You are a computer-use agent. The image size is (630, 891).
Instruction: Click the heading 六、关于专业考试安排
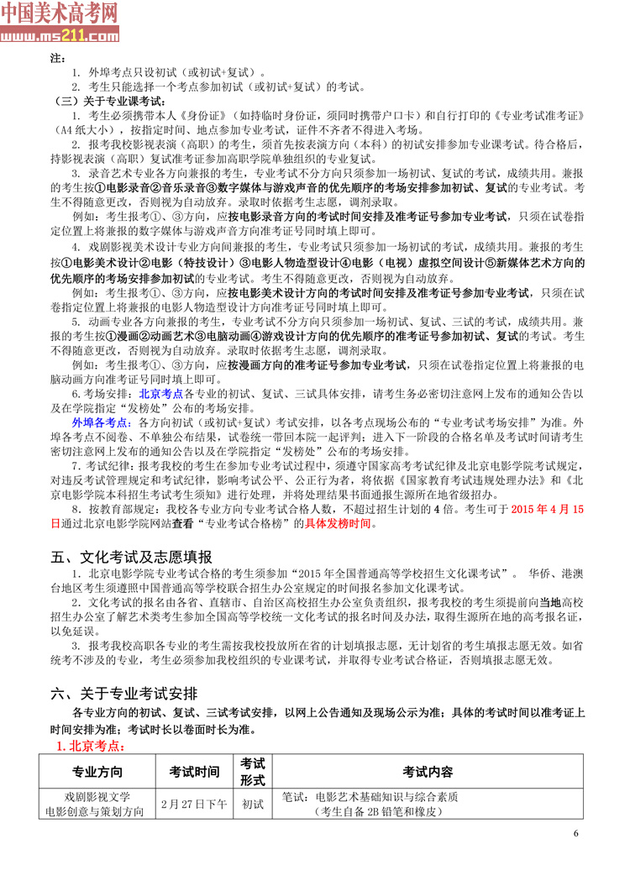pos(124,694)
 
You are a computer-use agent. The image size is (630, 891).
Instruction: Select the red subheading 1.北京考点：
pos(89,745)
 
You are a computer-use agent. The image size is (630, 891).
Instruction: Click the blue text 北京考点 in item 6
pos(160,392)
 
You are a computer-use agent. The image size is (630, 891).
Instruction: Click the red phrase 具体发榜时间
pos(339,524)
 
